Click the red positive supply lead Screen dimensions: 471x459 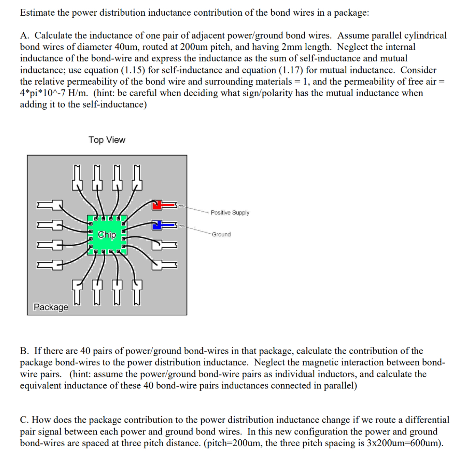pos(163,205)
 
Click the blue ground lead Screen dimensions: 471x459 pos(163,225)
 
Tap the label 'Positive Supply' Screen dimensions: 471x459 pos(230,212)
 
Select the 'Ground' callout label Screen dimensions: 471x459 pos(221,234)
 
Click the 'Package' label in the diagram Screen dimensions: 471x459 pos(51,307)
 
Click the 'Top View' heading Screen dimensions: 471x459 pos(107,140)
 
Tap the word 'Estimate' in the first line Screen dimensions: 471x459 pos(37,13)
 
